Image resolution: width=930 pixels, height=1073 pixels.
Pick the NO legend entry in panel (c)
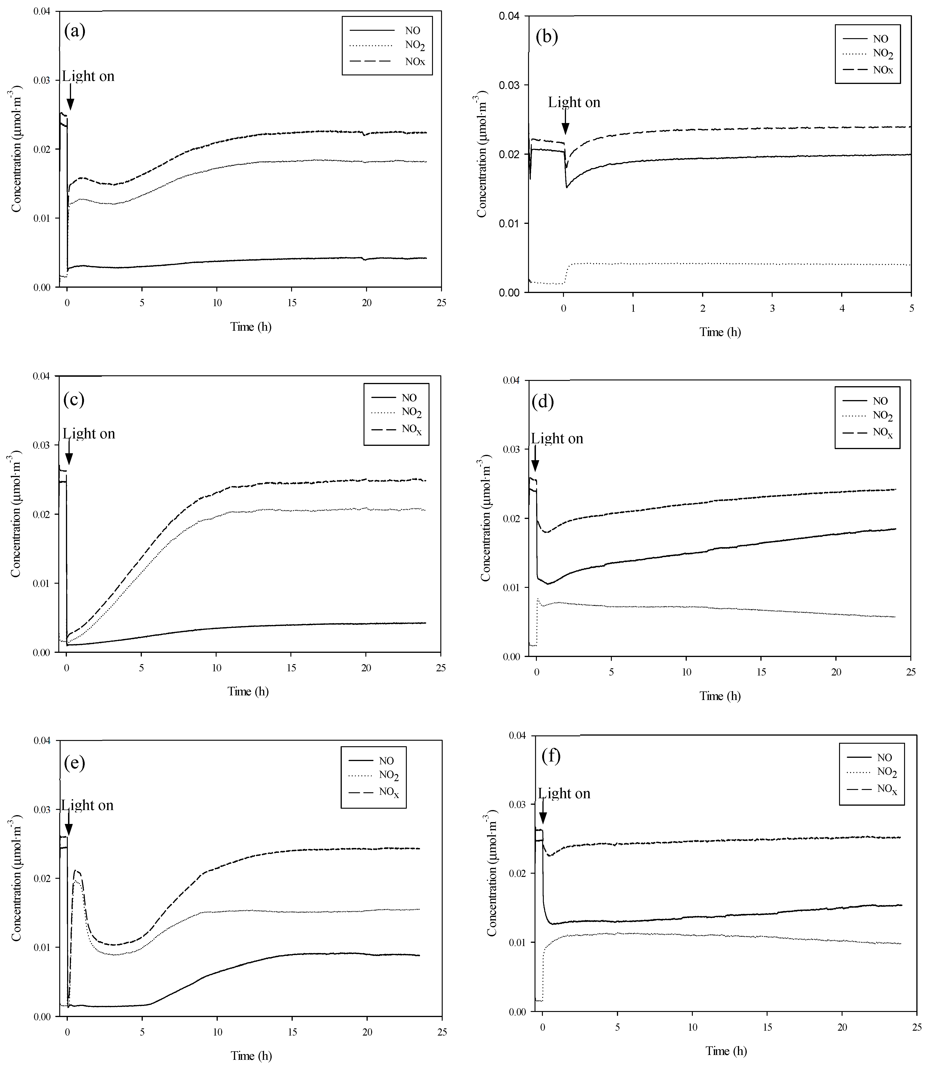point(408,398)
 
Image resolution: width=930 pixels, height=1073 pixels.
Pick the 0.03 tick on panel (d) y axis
point(512,449)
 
